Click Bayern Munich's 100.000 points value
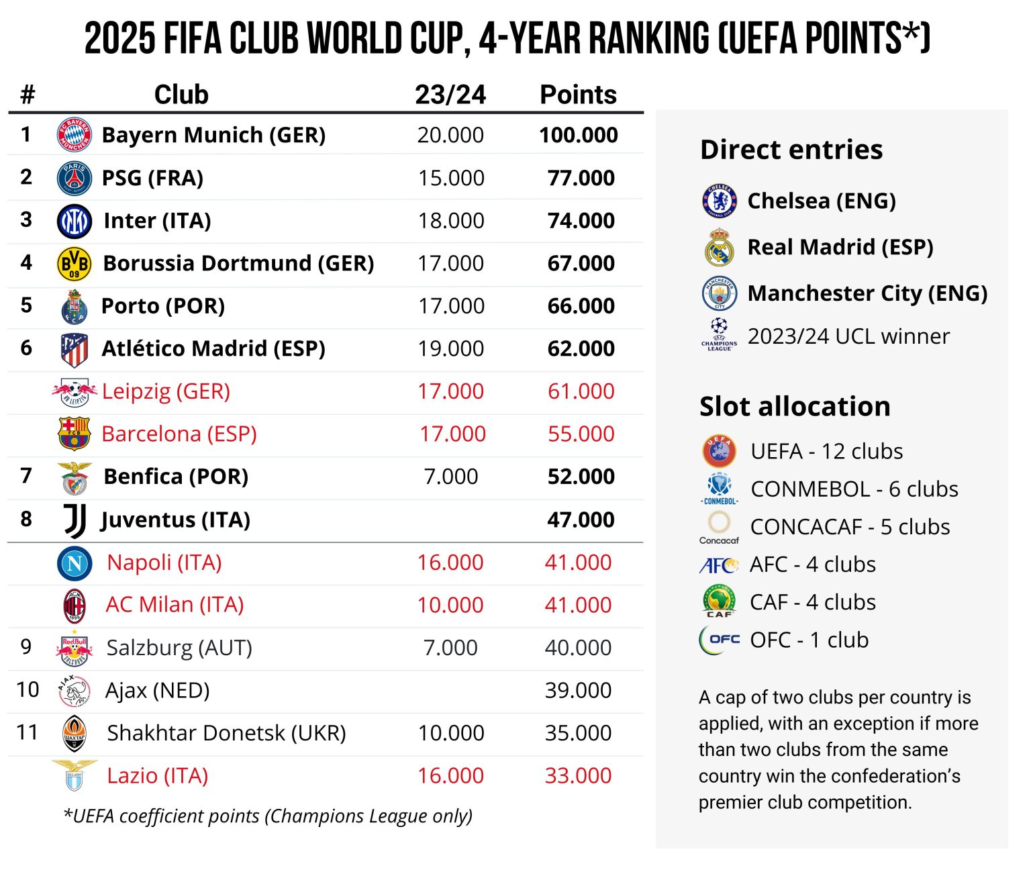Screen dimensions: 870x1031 click(x=578, y=135)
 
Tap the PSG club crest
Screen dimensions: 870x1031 click(x=75, y=178)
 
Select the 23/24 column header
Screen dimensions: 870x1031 click(x=450, y=95)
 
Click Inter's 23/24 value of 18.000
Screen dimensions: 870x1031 click(x=450, y=220)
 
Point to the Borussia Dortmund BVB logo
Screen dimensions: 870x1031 click(x=75, y=263)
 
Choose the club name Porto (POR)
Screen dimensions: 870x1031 click(x=163, y=306)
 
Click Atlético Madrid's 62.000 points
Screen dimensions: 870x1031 click(x=581, y=348)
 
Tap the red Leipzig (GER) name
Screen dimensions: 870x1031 click(x=166, y=391)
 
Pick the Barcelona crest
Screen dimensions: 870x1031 click(x=75, y=434)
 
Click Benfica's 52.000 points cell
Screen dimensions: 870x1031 click(x=581, y=477)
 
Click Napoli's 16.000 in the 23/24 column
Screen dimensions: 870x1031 click(x=450, y=563)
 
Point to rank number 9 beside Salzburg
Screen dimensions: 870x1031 click(x=26, y=646)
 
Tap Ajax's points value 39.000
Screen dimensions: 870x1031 click(x=578, y=690)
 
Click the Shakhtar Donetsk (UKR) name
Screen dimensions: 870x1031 click(x=226, y=733)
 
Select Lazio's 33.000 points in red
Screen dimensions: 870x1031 click(x=578, y=776)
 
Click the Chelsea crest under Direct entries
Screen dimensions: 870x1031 click(x=720, y=201)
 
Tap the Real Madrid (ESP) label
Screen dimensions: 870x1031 click(x=840, y=247)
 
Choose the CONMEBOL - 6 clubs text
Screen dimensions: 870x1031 click(x=854, y=489)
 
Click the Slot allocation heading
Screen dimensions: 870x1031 click(x=795, y=407)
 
